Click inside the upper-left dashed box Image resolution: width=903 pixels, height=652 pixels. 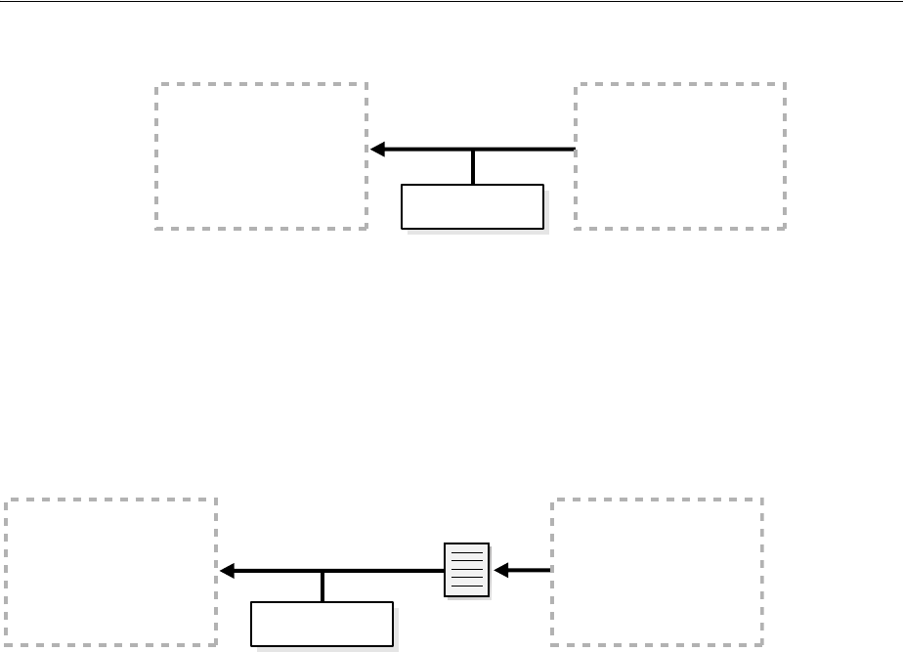(261, 156)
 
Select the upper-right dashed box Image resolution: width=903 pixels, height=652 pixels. (680, 156)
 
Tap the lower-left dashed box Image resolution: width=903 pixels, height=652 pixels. (111, 571)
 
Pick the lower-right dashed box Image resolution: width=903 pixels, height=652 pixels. (658, 571)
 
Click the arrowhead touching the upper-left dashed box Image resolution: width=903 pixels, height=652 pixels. (378, 150)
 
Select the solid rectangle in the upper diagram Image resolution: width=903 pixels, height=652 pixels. (472, 206)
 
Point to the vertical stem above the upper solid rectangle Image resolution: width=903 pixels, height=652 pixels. (473, 167)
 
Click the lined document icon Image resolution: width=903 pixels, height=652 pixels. (467, 569)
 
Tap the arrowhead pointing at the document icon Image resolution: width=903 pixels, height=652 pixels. (500, 569)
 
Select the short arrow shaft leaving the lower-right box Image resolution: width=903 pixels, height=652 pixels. (530, 569)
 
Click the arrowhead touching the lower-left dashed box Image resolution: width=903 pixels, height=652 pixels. (228, 570)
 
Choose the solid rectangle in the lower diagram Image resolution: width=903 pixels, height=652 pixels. (322, 625)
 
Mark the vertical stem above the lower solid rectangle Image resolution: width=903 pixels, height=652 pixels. (322, 587)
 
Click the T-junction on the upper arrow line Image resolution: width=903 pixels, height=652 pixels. (473, 151)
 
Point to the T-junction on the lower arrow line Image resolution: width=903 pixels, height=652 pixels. (322, 570)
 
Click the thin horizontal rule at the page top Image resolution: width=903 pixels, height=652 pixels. (451, 2)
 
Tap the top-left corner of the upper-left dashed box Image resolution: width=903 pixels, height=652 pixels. (156, 84)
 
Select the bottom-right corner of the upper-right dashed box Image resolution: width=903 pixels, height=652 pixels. (785, 229)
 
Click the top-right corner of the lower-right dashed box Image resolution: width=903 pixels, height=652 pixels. (762, 500)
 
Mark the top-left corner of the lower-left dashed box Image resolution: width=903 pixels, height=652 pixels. (7, 500)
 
